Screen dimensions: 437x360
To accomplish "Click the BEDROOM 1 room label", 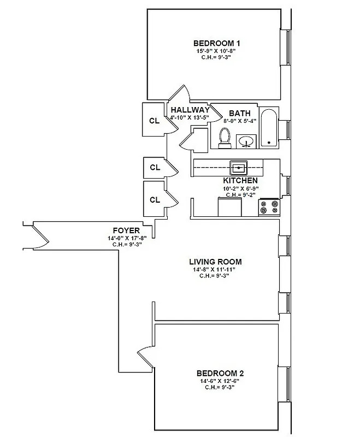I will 217,43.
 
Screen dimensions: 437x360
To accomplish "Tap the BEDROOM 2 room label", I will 220,373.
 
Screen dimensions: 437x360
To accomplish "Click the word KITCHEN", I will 240,181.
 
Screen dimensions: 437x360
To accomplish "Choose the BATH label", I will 239,113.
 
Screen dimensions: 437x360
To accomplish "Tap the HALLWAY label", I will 189,110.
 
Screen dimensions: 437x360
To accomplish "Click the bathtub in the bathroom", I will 268,128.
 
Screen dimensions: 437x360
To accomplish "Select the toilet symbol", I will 224,138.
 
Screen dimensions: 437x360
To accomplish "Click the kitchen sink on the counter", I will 239,167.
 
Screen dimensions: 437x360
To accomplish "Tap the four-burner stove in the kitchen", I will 269,207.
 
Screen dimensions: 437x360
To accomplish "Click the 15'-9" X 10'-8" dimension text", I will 217,51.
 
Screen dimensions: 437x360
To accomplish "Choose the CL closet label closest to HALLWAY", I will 155,121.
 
